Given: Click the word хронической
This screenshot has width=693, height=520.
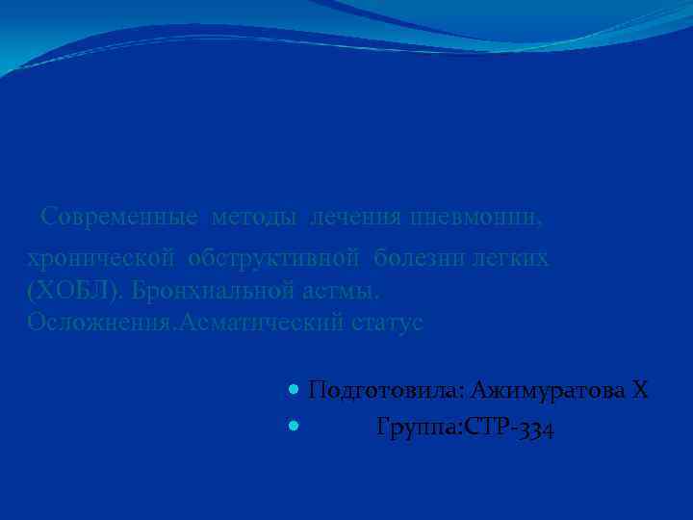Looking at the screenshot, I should [x=101, y=259].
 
